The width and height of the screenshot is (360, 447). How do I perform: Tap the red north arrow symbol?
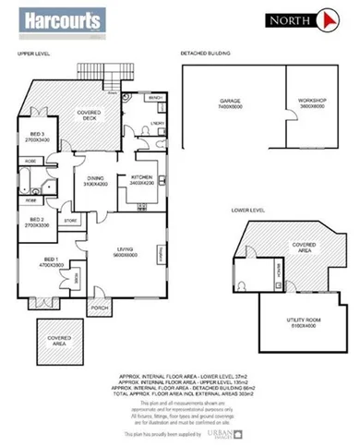[x=326, y=19]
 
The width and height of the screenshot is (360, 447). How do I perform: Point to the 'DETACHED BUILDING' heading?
[x=205, y=54]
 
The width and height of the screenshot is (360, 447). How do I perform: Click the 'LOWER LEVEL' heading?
[x=250, y=211]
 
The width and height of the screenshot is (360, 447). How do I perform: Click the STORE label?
[x=70, y=221]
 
